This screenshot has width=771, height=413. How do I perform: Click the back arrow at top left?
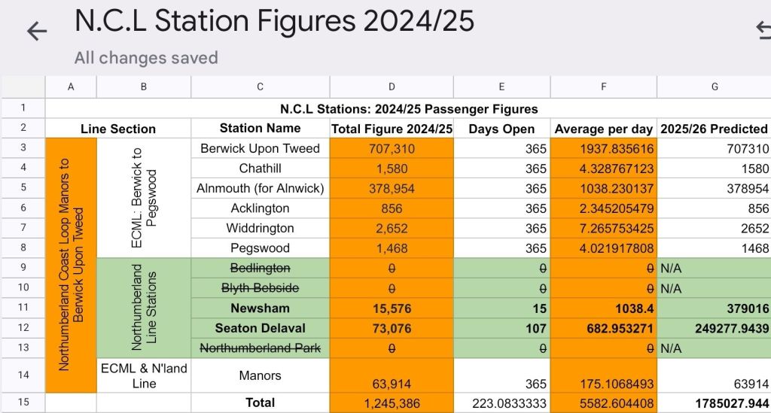click(36, 31)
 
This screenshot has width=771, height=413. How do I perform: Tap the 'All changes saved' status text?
click(146, 58)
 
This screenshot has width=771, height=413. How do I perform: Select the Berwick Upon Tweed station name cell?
click(260, 148)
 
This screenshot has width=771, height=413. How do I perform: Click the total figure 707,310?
click(392, 148)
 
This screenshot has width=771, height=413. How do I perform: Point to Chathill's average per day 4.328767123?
click(604, 168)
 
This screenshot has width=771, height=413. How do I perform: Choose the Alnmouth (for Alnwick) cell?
click(260, 188)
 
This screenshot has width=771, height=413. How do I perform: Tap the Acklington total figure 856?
click(392, 208)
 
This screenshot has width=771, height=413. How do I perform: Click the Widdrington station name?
click(260, 228)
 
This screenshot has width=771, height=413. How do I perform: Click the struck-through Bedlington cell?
click(260, 269)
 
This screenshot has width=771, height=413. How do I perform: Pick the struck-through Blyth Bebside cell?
click(260, 288)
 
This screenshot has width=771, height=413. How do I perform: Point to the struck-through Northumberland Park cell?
click(260, 348)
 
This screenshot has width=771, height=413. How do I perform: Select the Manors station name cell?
click(260, 375)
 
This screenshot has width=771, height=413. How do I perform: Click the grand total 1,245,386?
click(392, 403)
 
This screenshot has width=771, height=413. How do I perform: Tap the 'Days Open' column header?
click(501, 129)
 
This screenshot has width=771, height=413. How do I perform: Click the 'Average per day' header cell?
click(604, 129)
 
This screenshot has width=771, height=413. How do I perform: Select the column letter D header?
click(392, 87)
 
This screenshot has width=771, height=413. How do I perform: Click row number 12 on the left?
click(23, 328)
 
